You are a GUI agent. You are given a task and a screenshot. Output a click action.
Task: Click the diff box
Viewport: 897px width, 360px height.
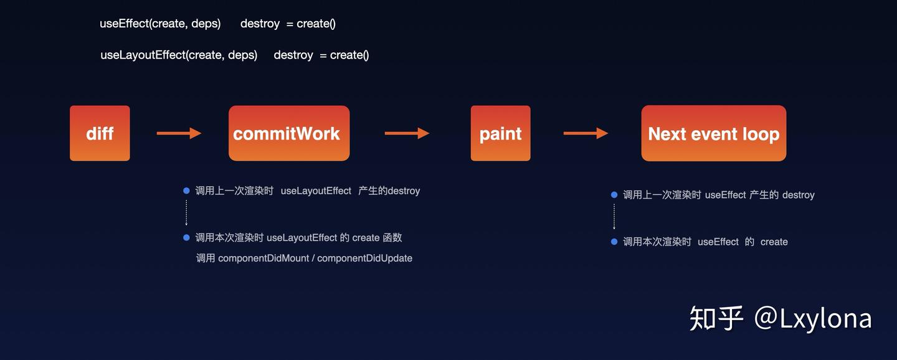(x=100, y=133)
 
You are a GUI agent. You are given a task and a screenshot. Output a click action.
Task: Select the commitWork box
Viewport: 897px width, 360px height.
(x=288, y=133)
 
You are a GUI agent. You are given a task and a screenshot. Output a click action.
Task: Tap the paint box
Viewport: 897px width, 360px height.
(x=500, y=133)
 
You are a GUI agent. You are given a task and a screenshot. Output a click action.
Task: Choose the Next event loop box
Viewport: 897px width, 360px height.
(x=713, y=133)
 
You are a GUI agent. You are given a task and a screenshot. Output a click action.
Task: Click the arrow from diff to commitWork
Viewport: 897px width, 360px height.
(x=179, y=133)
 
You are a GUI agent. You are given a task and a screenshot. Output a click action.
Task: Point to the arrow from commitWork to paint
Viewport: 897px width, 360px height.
(x=407, y=133)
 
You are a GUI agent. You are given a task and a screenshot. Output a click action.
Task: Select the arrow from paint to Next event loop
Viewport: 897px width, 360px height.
(x=586, y=133)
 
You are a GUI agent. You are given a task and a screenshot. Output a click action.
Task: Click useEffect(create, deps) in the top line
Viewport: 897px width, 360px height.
(x=160, y=24)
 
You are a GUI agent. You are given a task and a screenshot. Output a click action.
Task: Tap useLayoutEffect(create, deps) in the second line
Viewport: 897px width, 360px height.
(x=179, y=55)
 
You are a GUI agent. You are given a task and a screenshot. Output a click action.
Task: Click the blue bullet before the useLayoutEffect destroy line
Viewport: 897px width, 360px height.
(x=186, y=191)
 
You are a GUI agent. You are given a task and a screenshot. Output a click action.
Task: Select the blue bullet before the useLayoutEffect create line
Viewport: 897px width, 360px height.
(x=186, y=237)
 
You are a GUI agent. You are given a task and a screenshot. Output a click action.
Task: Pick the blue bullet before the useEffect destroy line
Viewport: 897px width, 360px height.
(x=614, y=195)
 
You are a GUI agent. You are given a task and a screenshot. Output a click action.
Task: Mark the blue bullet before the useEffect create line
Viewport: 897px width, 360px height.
(x=614, y=242)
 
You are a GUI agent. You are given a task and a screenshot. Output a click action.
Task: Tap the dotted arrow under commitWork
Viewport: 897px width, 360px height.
(x=186, y=214)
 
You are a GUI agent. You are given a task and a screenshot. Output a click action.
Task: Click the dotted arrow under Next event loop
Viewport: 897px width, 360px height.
(x=614, y=217)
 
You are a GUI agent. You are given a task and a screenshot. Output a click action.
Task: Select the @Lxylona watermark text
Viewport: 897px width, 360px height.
(x=813, y=318)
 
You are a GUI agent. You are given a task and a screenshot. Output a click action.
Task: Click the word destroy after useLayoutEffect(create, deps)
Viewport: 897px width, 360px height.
(x=293, y=55)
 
